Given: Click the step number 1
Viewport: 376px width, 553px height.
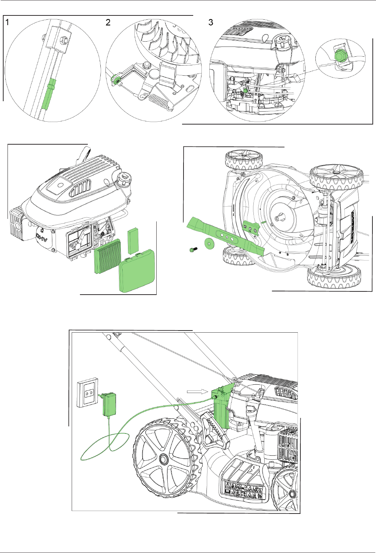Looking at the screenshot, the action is [8, 22].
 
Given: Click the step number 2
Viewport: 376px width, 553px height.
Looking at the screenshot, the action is [108, 22].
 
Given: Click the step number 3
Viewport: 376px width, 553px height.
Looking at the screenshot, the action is [210, 22].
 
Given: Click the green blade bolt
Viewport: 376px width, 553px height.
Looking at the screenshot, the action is [193, 249].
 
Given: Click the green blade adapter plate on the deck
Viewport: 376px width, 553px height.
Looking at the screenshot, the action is [251, 228].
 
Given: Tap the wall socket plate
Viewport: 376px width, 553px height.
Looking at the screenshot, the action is [87, 392].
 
